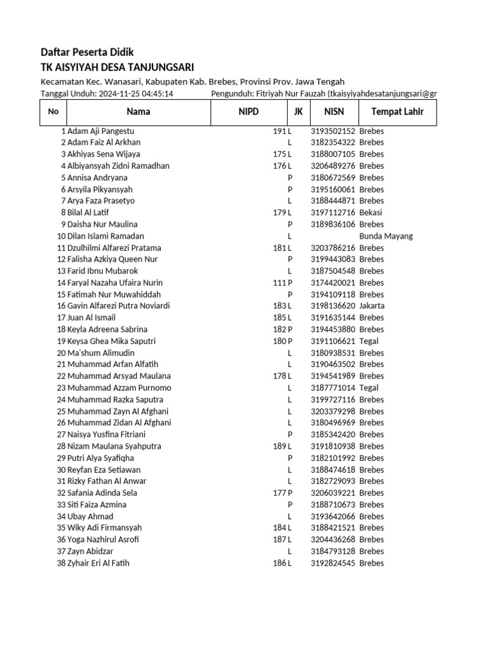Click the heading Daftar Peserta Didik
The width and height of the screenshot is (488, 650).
point(87,52)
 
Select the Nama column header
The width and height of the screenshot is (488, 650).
point(139,112)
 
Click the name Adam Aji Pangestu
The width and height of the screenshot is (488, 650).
point(101,131)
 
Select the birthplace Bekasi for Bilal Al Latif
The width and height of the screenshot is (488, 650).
point(370,213)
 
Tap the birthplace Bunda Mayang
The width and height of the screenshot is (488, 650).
point(386,236)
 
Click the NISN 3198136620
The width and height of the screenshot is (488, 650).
point(333,306)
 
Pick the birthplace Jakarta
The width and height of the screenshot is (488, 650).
point(372,306)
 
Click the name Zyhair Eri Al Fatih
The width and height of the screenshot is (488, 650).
point(98,563)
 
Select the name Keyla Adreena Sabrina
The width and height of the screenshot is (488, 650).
point(107,329)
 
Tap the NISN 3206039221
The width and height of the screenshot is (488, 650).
point(333,493)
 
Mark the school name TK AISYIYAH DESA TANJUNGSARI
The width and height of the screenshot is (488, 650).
point(117,67)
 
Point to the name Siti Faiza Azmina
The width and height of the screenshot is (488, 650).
point(97,505)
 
